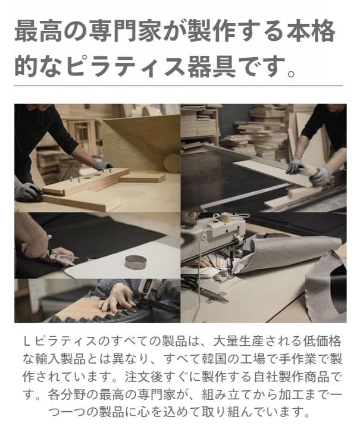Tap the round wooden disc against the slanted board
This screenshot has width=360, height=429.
(172, 162)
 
